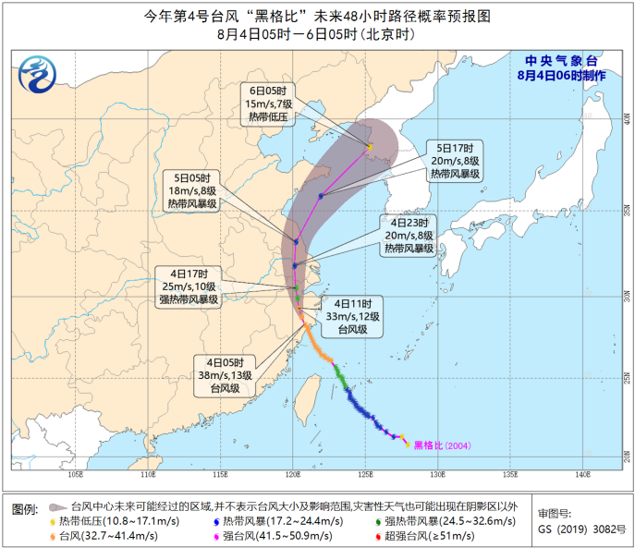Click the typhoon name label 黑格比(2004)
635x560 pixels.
coord(442,445)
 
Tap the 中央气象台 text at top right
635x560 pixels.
coord(562,61)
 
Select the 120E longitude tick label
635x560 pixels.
coord(292,476)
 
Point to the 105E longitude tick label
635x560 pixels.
coord(76,476)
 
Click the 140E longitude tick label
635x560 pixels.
coord(582,476)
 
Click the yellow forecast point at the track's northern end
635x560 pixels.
coord(370,147)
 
